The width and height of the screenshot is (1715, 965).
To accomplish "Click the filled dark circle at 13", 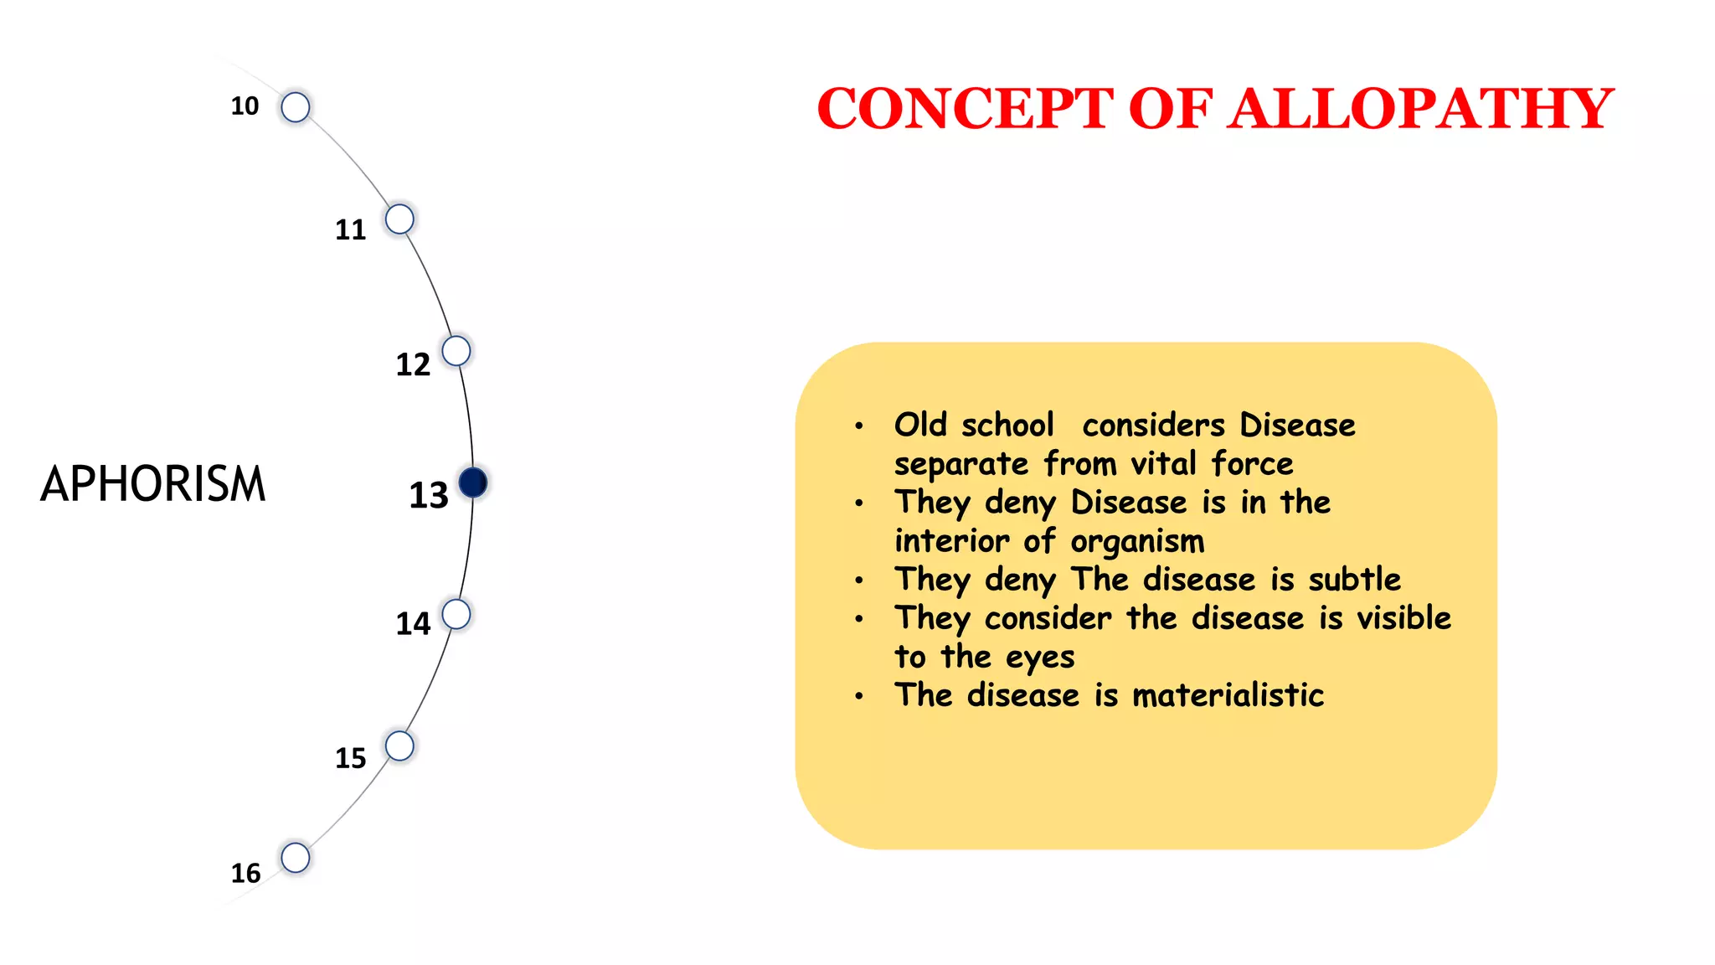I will point(473,482).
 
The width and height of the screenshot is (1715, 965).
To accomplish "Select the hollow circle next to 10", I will point(296,107).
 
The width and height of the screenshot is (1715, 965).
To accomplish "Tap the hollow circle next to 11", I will point(399,219).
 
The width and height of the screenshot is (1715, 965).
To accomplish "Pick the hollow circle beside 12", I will point(456,351).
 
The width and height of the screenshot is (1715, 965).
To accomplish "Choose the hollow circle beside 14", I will point(456,614).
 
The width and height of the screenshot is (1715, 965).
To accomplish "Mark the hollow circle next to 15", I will point(399,746).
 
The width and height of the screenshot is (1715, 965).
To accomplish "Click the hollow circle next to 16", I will point(296,858).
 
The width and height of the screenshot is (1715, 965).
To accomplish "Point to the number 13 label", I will point(429,495).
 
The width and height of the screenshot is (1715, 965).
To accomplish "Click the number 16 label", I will point(245,873).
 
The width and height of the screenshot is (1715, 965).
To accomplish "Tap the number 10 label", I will point(245,106).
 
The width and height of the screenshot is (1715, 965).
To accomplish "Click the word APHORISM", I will point(152,484).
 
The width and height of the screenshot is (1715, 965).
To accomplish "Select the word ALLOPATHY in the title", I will point(1420,109).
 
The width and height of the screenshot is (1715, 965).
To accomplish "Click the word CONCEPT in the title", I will point(965,109).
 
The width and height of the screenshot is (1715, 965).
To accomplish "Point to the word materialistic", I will point(1228,695).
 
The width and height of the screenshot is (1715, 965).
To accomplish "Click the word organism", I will point(1137,542).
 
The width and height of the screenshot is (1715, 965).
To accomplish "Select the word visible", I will point(1403,618).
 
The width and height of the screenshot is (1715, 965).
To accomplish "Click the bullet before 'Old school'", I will point(859,426).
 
